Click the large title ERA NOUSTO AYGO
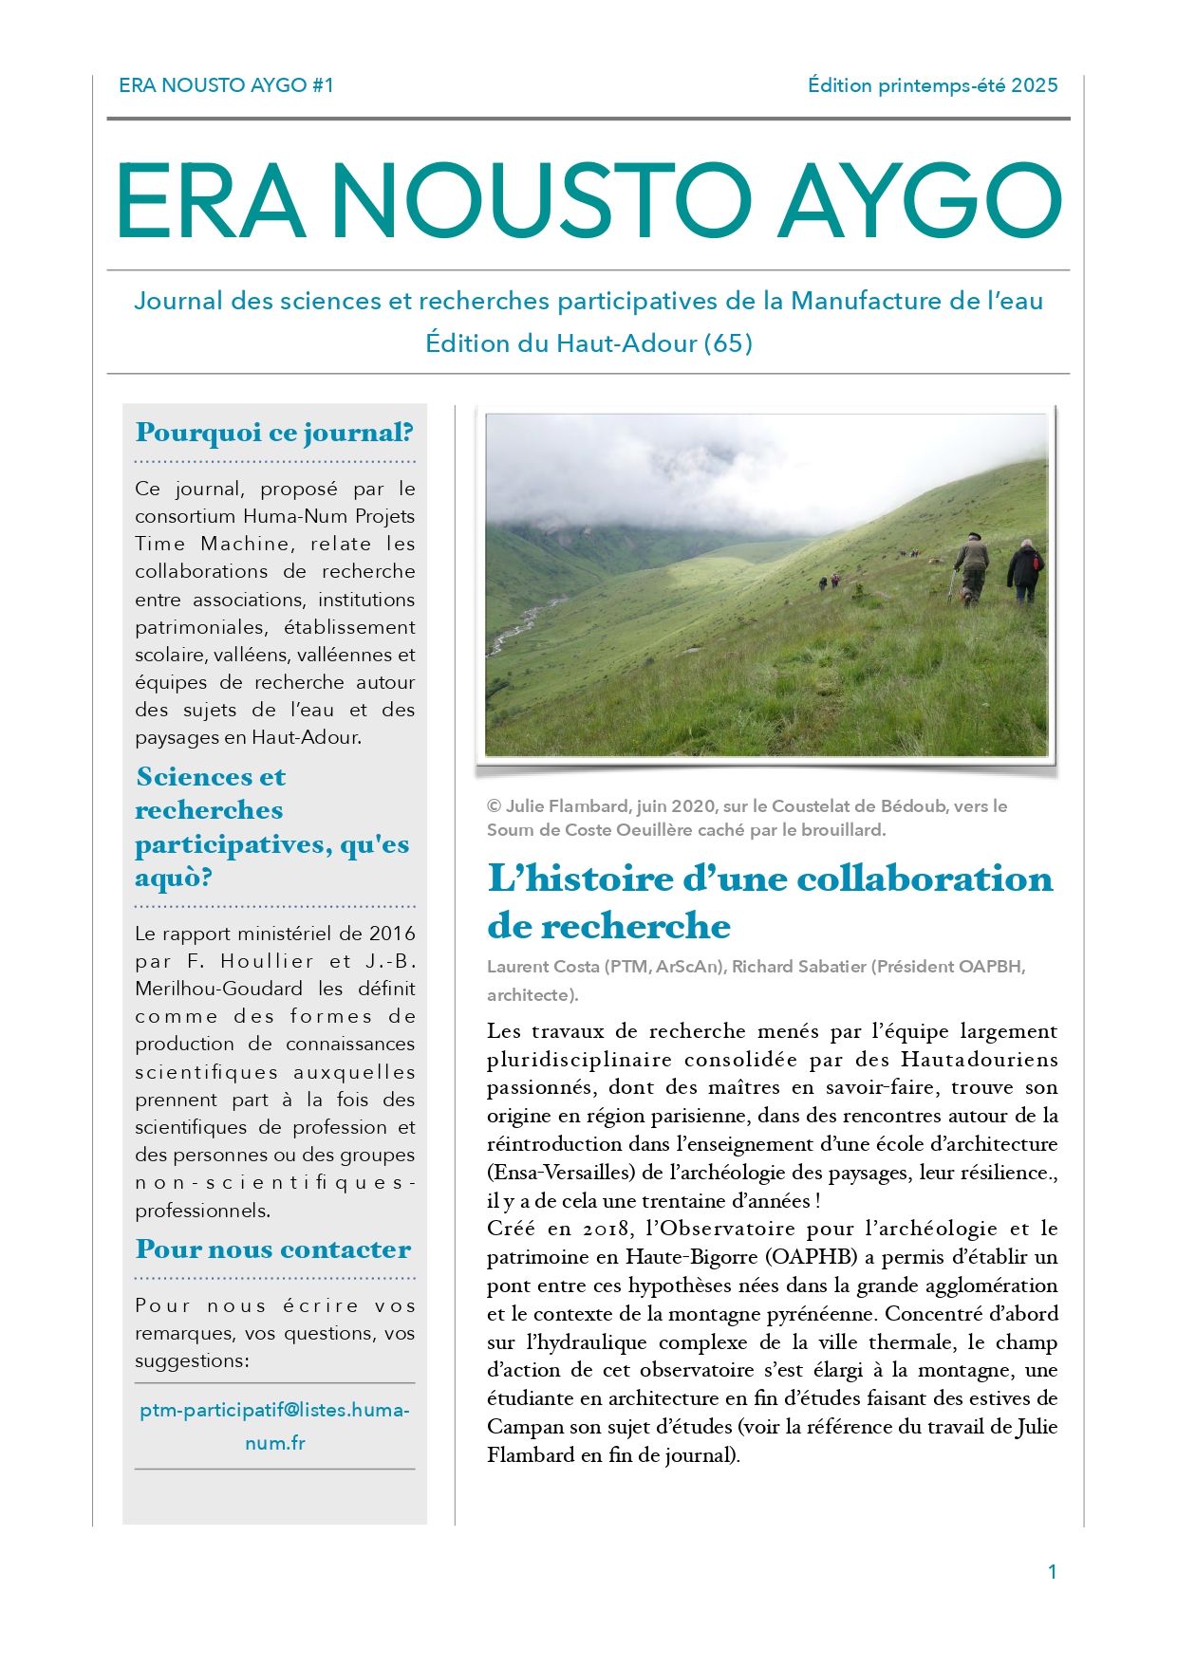point(588,201)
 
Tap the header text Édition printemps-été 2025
point(932,85)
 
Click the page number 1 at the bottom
point(1052,1572)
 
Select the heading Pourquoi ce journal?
point(274,433)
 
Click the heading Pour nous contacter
point(273,1249)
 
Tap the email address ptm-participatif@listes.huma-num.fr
point(274,1426)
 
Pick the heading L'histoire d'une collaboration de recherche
point(770,901)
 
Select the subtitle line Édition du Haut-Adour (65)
point(588,343)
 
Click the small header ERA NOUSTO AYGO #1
point(226,85)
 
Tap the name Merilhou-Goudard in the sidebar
point(218,989)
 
